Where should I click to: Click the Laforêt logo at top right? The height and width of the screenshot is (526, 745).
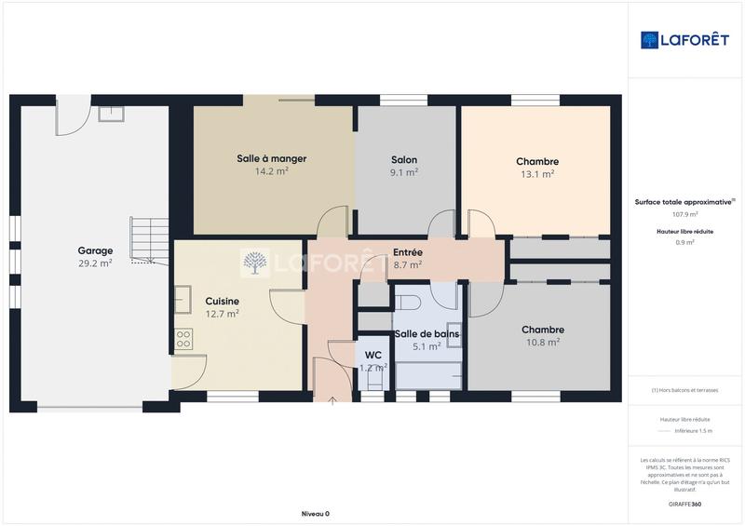point(684,39)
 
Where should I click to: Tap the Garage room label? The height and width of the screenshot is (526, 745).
point(95,250)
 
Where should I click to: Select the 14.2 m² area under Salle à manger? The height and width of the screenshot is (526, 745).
point(271,171)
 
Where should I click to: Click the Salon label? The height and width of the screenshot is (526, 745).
point(404,159)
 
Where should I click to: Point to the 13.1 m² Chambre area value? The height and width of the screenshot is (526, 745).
point(537,173)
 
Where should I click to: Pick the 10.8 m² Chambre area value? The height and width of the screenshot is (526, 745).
point(542,342)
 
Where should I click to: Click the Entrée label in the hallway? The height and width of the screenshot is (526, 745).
point(408,252)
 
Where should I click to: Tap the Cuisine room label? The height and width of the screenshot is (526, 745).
point(223,301)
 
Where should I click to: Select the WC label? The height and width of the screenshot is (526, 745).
point(373,355)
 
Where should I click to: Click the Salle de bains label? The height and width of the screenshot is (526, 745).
point(427,333)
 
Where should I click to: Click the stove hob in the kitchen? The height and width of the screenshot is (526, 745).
point(183,340)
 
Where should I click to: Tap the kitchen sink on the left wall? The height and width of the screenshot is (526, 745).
point(183,300)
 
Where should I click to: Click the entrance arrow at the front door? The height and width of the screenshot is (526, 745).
point(333,401)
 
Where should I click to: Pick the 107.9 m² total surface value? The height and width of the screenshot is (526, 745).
point(686,213)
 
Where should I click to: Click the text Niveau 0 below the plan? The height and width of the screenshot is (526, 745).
point(316,513)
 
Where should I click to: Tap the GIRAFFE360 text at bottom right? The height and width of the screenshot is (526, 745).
point(686,502)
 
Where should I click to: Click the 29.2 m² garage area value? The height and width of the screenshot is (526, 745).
point(95,263)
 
